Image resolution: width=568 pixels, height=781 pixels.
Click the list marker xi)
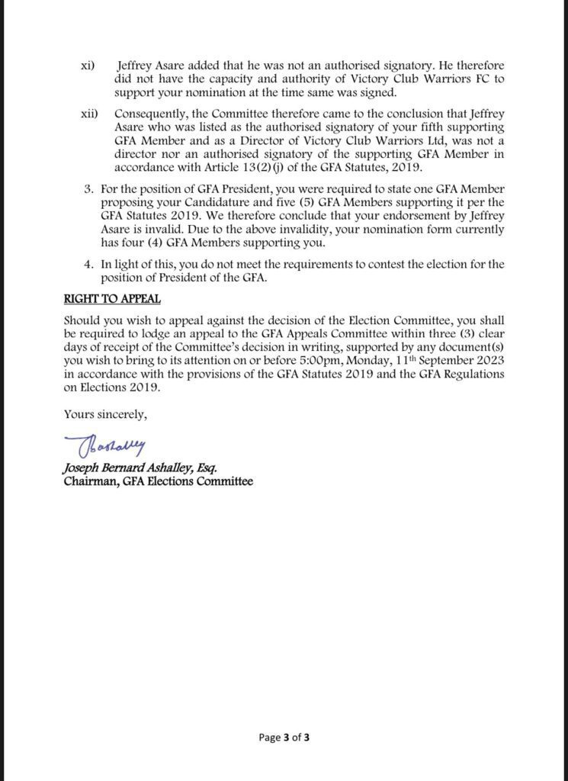(x=88, y=66)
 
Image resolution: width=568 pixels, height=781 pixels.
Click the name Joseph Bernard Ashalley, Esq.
(x=145, y=468)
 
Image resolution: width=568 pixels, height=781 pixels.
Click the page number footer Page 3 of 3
(x=284, y=738)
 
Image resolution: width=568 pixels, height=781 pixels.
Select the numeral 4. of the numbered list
(x=88, y=264)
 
